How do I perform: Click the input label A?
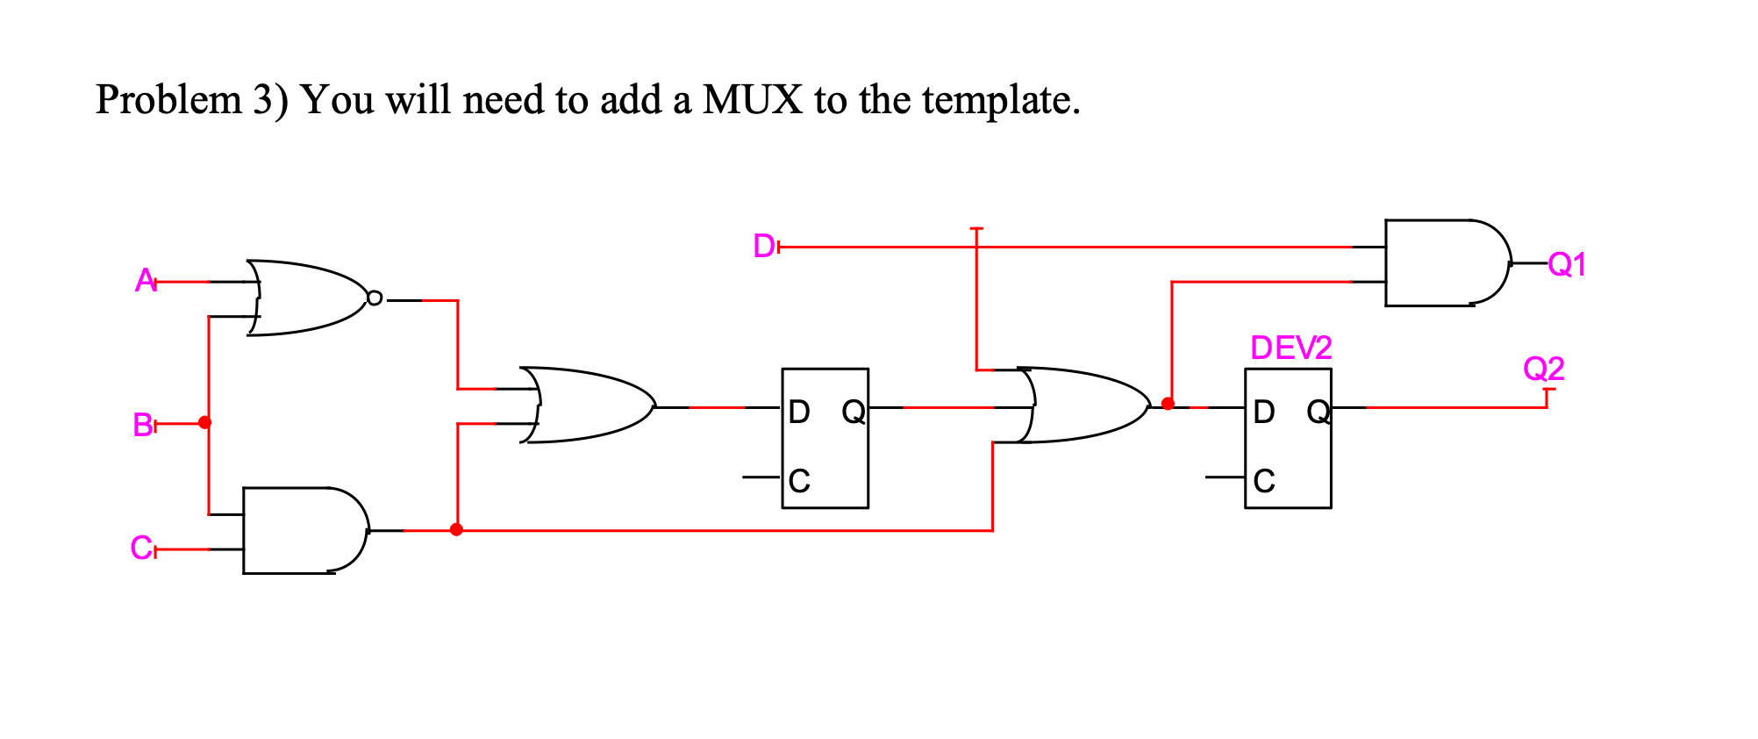coord(145,281)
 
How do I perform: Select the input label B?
coord(143,425)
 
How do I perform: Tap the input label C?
coord(140,549)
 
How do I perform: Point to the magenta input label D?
coord(764,247)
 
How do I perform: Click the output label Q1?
coord(1567,263)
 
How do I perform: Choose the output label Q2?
coord(1543,368)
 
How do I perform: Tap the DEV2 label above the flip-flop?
coord(1290,348)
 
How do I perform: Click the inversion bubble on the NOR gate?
coord(375,298)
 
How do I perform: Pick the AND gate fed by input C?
coord(303,530)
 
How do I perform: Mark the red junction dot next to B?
coord(205,422)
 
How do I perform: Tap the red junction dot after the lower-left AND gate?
coord(456,529)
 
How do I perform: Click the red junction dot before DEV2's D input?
coord(1168,404)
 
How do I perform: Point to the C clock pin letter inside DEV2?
coord(1264,481)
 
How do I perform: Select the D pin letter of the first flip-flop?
coord(798,412)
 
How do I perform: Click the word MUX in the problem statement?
coord(752,99)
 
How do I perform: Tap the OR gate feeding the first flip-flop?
coord(588,405)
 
